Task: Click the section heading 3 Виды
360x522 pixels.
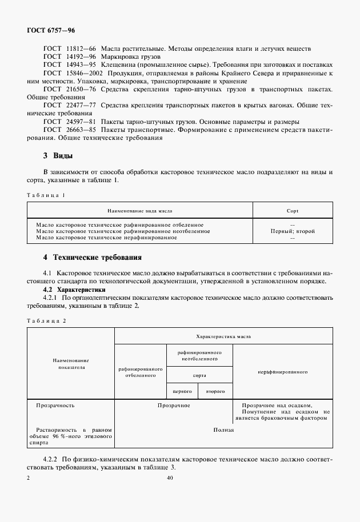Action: click(58, 156)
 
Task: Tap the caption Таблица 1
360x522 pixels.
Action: click(46, 195)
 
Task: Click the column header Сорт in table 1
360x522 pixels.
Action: click(292, 211)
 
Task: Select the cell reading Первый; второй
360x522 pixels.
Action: click(292, 231)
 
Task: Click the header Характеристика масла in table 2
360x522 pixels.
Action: click(223, 336)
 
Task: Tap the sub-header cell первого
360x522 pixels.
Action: click(182, 391)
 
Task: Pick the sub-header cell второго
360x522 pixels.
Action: click(215, 391)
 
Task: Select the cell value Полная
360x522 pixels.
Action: click(223, 430)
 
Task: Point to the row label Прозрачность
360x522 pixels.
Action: click(55, 405)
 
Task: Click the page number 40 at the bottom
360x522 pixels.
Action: click(170, 478)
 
